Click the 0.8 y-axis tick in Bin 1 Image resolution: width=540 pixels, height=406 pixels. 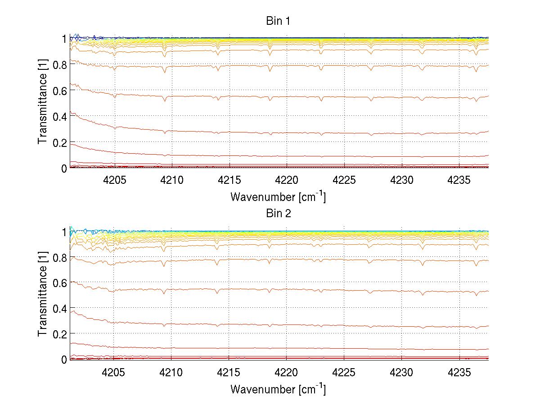(60, 64)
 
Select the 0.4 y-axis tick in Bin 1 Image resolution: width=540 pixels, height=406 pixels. (60, 116)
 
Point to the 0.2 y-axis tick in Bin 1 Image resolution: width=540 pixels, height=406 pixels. (60, 142)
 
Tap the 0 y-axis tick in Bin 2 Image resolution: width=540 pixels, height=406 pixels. (64, 359)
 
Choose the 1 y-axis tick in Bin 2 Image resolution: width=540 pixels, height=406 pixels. (64, 231)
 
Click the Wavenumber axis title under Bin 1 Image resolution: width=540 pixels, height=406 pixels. (278, 196)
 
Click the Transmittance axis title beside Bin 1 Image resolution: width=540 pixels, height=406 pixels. (43, 103)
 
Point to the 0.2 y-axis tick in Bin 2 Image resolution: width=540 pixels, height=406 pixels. (60, 333)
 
